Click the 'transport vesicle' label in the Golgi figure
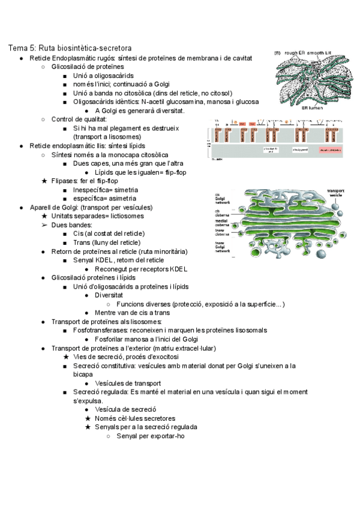tap(335, 194)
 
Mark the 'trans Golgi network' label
tap(224, 247)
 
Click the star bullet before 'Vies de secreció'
tap(66, 357)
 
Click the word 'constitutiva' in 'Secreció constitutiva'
tap(127, 366)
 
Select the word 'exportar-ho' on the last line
tap(168, 436)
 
